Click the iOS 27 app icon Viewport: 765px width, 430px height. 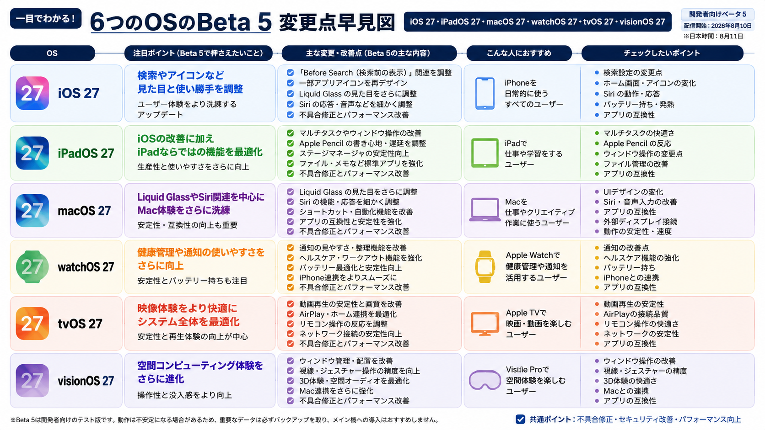(x=32, y=93)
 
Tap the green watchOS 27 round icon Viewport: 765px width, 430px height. (x=32, y=267)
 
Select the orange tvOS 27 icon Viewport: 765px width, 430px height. (x=32, y=323)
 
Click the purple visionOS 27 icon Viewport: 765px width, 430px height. (x=32, y=380)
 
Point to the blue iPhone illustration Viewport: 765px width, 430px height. (x=485, y=93)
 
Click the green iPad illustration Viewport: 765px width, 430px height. (x=485, y=153)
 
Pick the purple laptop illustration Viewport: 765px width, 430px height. (x=485, y=209)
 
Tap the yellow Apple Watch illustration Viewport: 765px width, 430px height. (x=485, y=267)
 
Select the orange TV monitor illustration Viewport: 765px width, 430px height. (x=485, y=324)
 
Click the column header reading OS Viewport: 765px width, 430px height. (x=52, y=53)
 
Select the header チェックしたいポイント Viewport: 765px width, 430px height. (x=662, y=53)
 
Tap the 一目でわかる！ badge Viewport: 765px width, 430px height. (x=46, y=18)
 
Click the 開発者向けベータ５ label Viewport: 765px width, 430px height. (x=717, y=14)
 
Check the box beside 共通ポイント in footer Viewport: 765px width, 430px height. (x=520, y=419)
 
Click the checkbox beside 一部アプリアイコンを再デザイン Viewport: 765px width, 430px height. (x=290, y=83)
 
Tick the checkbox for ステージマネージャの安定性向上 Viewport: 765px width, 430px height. (x=290, y=154)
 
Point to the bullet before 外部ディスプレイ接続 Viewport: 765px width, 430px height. (x=597, y=221)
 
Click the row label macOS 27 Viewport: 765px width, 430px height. (x=84, y=211)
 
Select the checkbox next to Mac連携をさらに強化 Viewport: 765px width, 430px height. (x=290, y=391)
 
